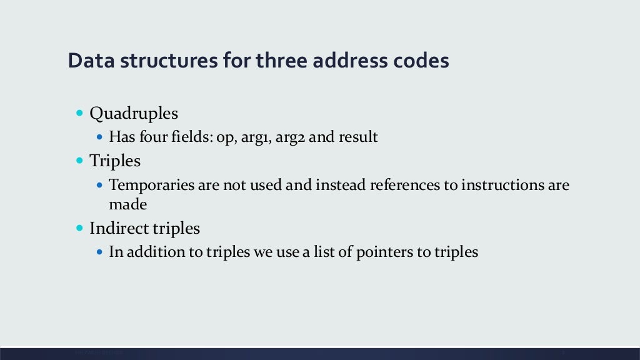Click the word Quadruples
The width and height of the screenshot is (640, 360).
(134, 114)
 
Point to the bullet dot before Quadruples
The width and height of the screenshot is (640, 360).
(79, 113)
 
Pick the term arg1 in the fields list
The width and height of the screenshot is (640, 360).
(255, 137)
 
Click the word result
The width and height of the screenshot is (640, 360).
(358, 137)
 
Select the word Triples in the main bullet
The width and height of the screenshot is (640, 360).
(115, 161)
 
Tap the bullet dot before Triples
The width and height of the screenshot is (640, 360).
(79, 161)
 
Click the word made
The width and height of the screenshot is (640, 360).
(127, 204)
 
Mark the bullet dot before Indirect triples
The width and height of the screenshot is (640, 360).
(79, 228)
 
